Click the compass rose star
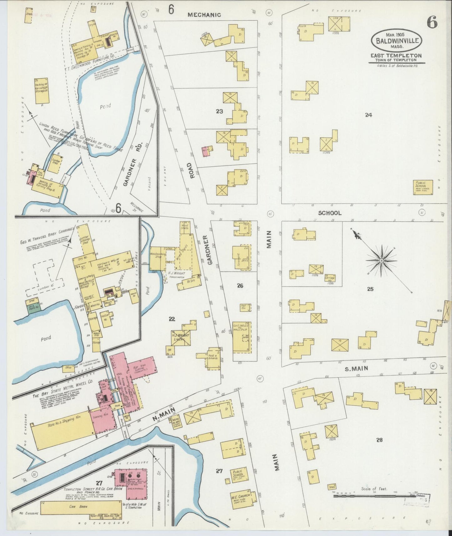(x=381, y=260)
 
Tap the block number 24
(x=368, y=115)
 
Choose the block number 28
(x=379, y=440)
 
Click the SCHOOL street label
(x=330, y=213)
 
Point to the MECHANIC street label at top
(x=204, y=15)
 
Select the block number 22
(x=172, y=319)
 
